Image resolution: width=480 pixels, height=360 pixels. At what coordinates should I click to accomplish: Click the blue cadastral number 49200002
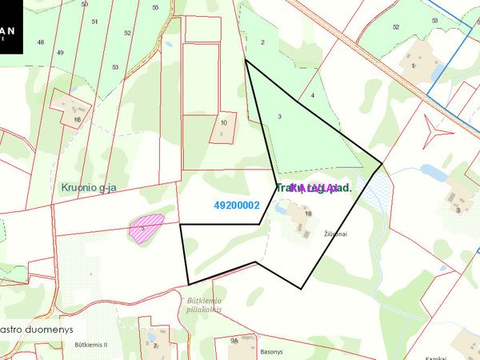click(x=237, y=206)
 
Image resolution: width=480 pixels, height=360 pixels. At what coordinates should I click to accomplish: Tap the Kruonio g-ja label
click(x=89, y=188)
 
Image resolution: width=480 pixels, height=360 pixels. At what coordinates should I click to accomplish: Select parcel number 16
click(x=77, y=120)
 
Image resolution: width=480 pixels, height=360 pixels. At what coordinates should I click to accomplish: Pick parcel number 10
click(x=224, y=122)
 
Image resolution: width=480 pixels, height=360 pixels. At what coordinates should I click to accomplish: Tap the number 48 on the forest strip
click(x=40, y=42)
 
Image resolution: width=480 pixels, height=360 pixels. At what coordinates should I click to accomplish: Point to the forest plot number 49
click(x=60, y=53)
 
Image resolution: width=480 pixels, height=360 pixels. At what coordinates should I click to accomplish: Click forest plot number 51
click(x=94, y=22)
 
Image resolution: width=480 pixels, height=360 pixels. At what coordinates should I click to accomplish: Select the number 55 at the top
click(x=155, y=7)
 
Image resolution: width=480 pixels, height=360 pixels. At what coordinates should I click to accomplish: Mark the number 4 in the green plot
click(x=313, y=96)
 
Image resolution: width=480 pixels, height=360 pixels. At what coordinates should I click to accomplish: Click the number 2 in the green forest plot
click(x=262, y=42)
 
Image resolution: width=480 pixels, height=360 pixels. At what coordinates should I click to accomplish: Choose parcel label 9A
click(x=234, y=340)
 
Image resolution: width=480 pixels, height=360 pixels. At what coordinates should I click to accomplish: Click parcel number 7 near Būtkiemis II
click(x=155, y=346)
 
